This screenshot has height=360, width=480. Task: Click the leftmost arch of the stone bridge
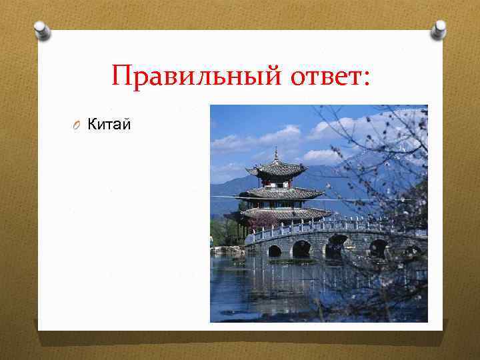(x=274, y=251)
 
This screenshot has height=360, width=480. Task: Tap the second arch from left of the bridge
(x=301, y=249)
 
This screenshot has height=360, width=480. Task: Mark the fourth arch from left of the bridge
(x=378, y=248)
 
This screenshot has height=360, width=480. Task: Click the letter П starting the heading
(x=122, y=76)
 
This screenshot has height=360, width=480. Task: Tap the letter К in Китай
(x=93, y=123)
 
